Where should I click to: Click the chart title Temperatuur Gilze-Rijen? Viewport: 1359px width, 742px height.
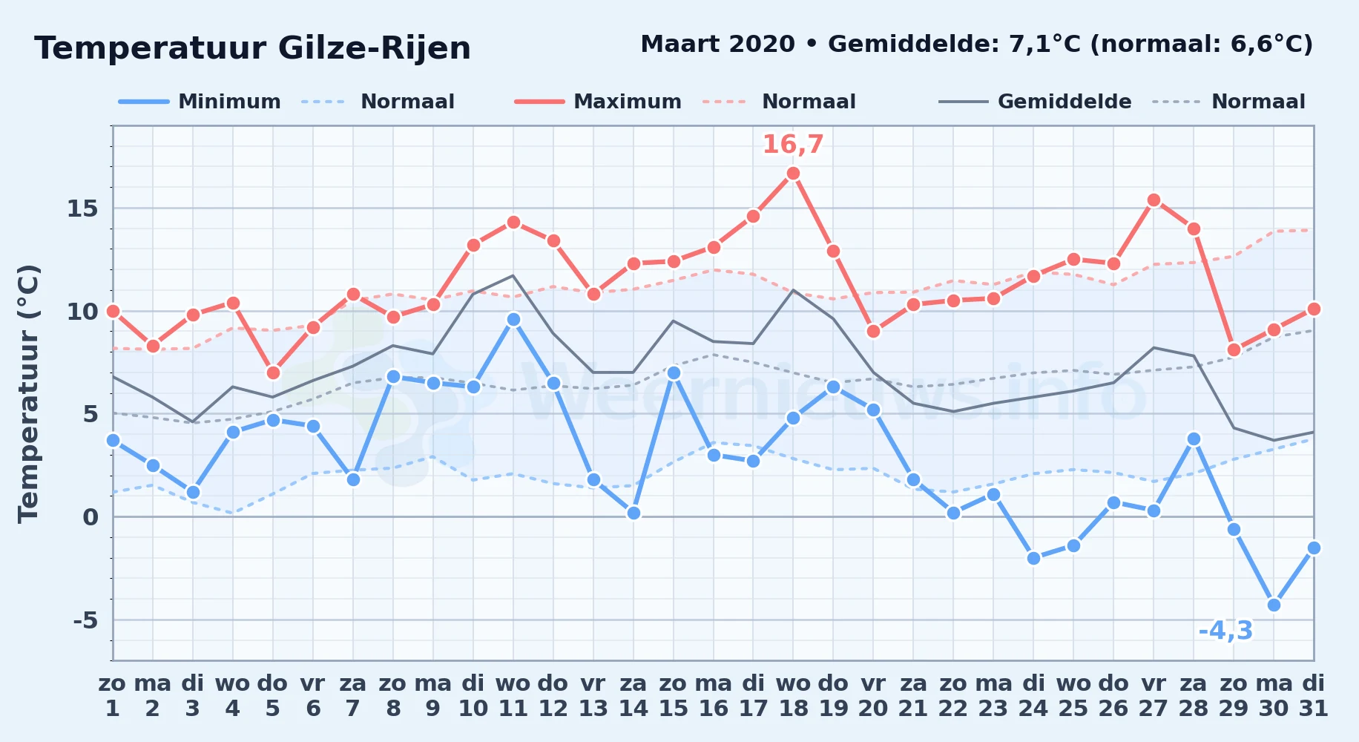click(252, 48)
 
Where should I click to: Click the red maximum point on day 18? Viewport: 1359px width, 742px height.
click(793, 174)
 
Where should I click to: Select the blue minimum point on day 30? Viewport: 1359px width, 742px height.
click(1274, 605)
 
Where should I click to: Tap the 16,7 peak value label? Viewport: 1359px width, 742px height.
click(793, 144)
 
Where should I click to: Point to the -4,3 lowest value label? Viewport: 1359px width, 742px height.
click(1225, 631)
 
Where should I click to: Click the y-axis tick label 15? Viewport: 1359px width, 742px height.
click(82, 209)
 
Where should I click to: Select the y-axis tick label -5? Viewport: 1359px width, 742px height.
click(85, 620)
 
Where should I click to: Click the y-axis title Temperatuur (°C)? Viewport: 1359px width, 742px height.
click(28, 393)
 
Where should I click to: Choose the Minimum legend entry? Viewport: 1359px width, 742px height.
click(200, 102)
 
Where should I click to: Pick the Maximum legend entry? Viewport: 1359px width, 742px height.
click(598, 102)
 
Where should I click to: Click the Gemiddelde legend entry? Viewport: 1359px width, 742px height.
click(1036, 102)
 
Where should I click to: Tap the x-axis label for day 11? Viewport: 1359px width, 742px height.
click(513, 695)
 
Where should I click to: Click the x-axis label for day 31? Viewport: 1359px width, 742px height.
click(1313, 695)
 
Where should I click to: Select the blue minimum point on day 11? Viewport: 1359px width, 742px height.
click(513, 319)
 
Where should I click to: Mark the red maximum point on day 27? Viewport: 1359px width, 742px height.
click(1154, 200)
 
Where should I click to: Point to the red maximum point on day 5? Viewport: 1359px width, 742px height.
click(273, 372)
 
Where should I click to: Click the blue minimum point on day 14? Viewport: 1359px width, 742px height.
click(634, 513)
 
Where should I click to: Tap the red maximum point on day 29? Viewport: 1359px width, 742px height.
click(1234, 349)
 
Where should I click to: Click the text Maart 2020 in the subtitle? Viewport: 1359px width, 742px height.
click(717, 44)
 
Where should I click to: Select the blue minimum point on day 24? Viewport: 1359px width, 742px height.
click(1033, 558)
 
